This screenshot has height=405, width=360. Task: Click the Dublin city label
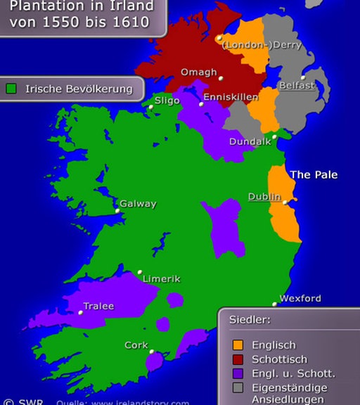pos(264,197)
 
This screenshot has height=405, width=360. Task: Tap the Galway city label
pos(138,204)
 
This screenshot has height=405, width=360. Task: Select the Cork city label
pos(136,345)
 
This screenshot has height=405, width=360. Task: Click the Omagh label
pos(199,72)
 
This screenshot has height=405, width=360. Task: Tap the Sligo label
pos(167,101)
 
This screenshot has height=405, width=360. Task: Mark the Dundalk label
pos(250,141)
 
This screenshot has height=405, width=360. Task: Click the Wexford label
pos(300,298)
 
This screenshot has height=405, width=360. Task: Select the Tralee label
pos(98,306)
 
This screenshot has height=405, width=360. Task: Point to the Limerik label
pos(161,278)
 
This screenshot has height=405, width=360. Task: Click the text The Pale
pos(314,174)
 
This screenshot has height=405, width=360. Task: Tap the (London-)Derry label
pos(262,45)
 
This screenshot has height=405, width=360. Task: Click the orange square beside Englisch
pos(238,345)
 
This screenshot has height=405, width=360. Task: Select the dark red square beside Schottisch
pos(238,359)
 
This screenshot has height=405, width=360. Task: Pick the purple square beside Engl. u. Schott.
pos(238,373)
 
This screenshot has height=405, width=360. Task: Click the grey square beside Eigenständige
pos(238,387)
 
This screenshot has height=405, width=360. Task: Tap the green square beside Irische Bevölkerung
pos(11,89)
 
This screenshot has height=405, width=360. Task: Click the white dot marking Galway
pos(117,210)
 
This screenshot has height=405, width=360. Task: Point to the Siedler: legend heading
pos(250,320)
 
